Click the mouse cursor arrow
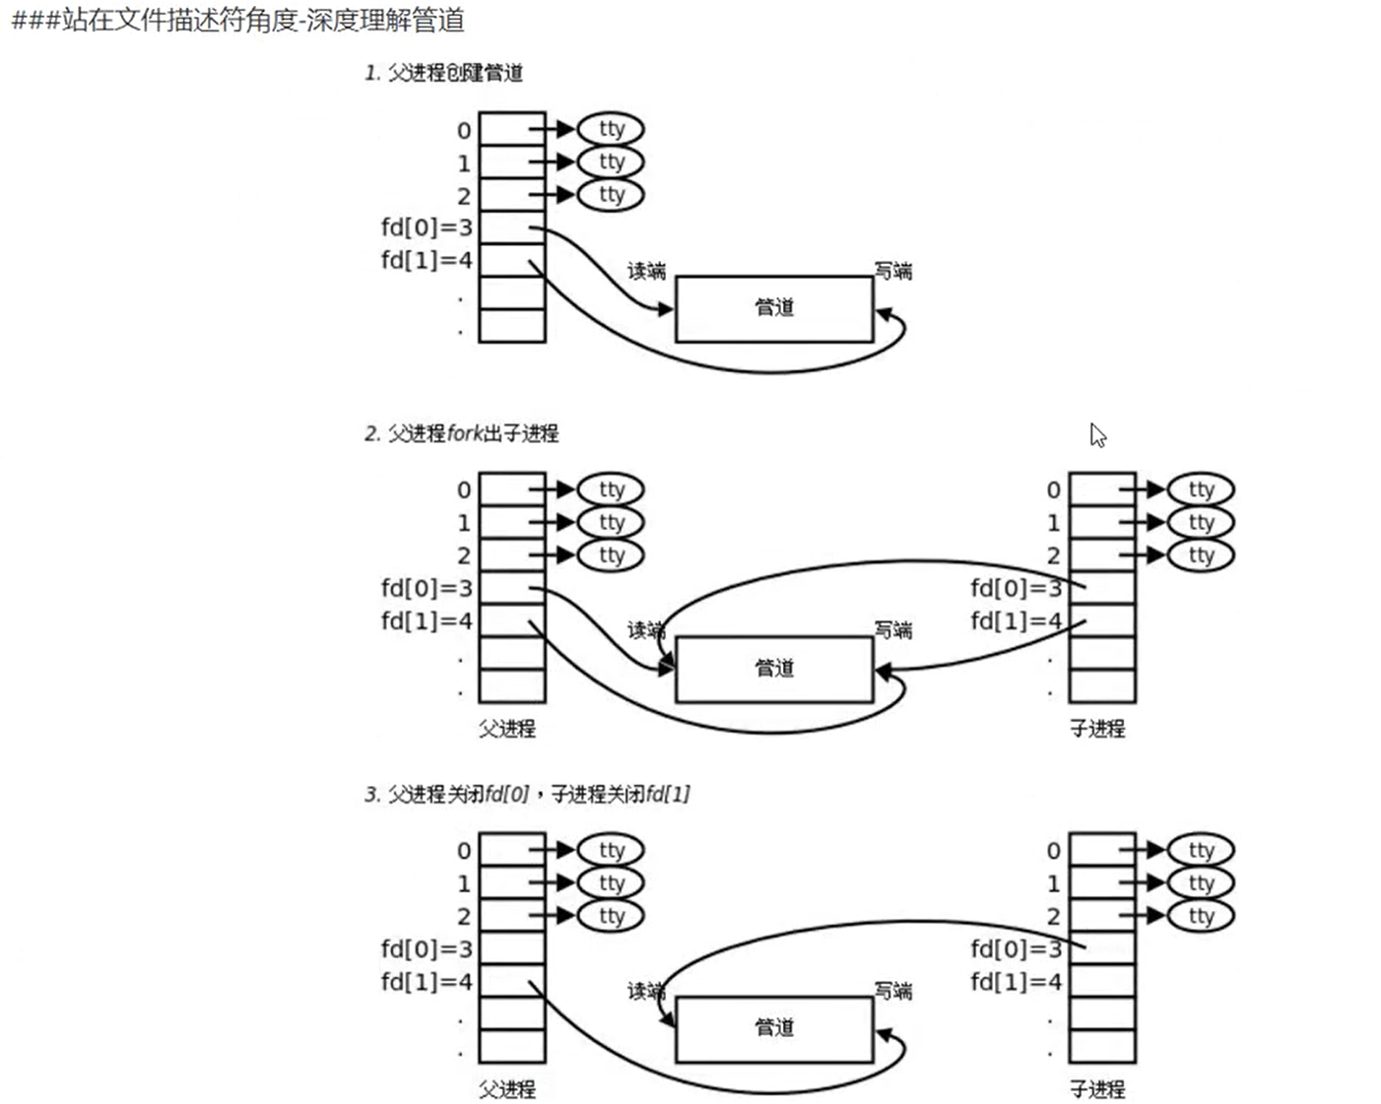pos(1097,434)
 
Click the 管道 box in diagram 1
pos(773,308)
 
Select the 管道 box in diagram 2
pos(773,669)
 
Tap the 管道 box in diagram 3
pos(773,1028)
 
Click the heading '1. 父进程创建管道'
pos(443,73)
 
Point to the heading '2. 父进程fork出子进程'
pos(461,433)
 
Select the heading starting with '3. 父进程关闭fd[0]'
pos(527,794)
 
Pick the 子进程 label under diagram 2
pos(1097,729)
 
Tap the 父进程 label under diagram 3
pos(507,1089)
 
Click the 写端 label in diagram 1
pos(893,271)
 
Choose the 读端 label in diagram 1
pos(646,271)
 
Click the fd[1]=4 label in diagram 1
pos(427,260)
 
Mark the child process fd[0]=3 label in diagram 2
pos(1016,588)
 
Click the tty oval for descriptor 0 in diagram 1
pos(611,129)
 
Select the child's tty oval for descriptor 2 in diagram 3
pos(1201,916)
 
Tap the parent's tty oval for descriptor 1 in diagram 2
pos(611,522)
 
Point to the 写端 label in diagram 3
pos(893,991)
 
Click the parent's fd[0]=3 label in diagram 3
pos(427,948)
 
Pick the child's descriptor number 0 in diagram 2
pos(1054,489)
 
